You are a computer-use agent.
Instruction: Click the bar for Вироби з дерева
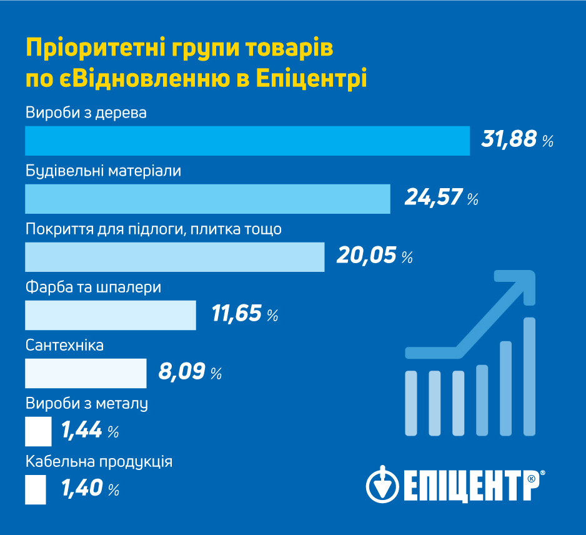247,141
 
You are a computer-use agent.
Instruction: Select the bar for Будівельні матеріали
207,199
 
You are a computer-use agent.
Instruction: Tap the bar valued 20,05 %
174,257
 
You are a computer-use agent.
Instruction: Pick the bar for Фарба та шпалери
110,315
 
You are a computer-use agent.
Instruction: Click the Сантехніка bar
85,373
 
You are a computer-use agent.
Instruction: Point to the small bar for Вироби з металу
38,431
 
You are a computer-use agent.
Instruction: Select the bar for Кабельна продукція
36,489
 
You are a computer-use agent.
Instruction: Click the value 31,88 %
517,139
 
